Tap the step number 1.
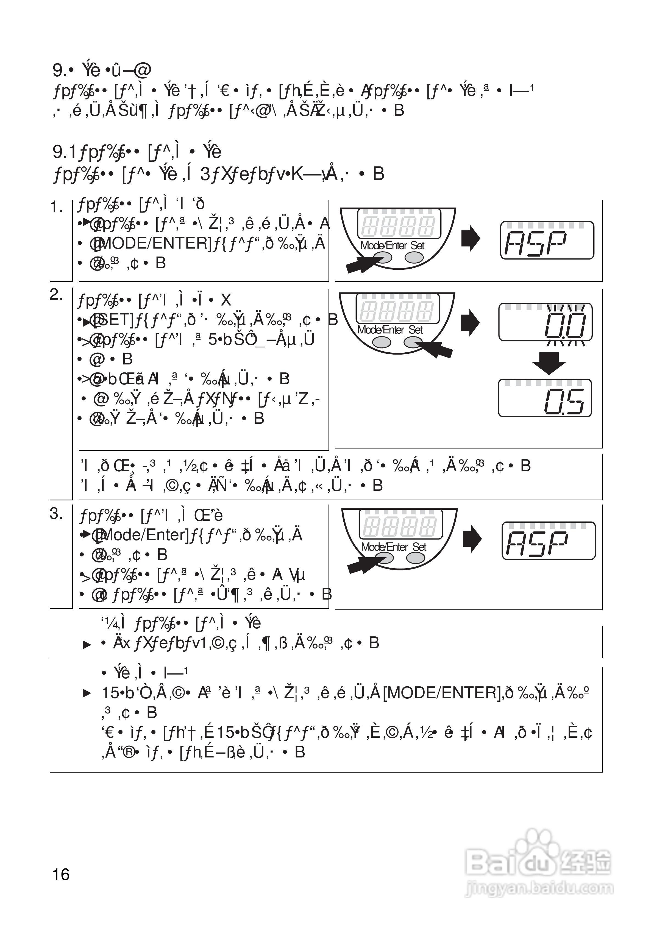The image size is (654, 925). pyautogui.click(x=56, y=207)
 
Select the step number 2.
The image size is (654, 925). pyautogui.click(x=56, y=295)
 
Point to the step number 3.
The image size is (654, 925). pyautogui.click(x=56, y=514)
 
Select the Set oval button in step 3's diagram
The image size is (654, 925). pyautogui.click(x=416, y=558)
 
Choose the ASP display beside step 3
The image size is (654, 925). pyautogui.click(x=549, y=541)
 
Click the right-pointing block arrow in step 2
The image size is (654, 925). pyautogui.click(x=470, y=322)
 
